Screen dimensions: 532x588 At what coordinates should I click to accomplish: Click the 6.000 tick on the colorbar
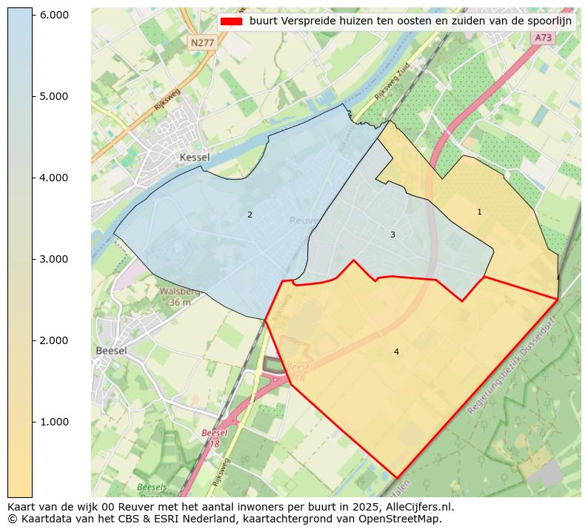point(53,15)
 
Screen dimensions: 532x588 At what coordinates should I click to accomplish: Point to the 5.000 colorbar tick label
point(53,96)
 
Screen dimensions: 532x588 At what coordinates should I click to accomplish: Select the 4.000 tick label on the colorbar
point(53,178)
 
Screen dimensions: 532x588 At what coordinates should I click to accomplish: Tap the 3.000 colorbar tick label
point(53,259)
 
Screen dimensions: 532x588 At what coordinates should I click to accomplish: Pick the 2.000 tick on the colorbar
point(53,340)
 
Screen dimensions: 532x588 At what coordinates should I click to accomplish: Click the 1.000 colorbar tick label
point(53,422)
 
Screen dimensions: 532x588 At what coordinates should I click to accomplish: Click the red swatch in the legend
point(232,21)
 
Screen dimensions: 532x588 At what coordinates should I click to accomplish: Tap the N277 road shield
point(202,43)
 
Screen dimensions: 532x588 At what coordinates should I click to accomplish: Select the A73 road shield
point(543,38)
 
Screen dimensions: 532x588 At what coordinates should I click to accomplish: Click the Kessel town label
point(195,158)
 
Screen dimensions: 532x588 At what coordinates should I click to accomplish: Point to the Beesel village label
point(111,351)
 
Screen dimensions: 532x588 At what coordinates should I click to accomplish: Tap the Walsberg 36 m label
point(180,297)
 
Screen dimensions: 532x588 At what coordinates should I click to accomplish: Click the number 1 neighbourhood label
point(479,212)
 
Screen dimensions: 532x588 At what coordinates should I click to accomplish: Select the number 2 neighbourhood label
point(250,215)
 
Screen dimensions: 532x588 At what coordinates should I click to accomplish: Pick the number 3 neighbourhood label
point(392,235)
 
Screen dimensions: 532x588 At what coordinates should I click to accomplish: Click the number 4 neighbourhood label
point(396,351)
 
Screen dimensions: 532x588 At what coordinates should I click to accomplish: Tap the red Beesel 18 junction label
point(214,438)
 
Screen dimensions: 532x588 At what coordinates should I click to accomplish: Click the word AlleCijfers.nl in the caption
point(416,508)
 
